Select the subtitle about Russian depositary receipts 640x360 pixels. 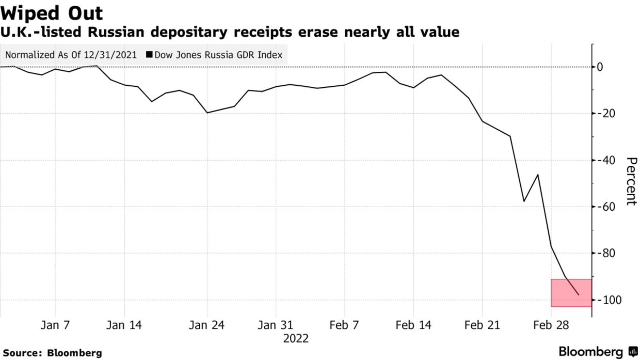pyautogui.click(x=230, y=32)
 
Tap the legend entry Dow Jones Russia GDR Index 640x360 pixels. pyautogui.click(x=215, y=55)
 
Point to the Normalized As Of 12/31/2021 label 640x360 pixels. pyautogui.click(x=71, y=55)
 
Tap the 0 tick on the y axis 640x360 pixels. pyautogui.click(x=600, y=67)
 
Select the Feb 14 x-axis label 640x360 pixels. pyautogui.click(x=413, y=325)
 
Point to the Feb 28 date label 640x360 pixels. pyautogui.click(x=551, y=325)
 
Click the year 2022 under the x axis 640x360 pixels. pyautogui.click(x=296, y=339)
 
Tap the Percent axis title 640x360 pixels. pyautogui.click(x=631, y=181)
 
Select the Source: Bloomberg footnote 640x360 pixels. pyautogui.click(x=52, y=353)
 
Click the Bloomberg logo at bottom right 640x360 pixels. pyautogui.click(x=598, y=352)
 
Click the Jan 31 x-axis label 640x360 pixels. pyautogui.click(x=275, y=325)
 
